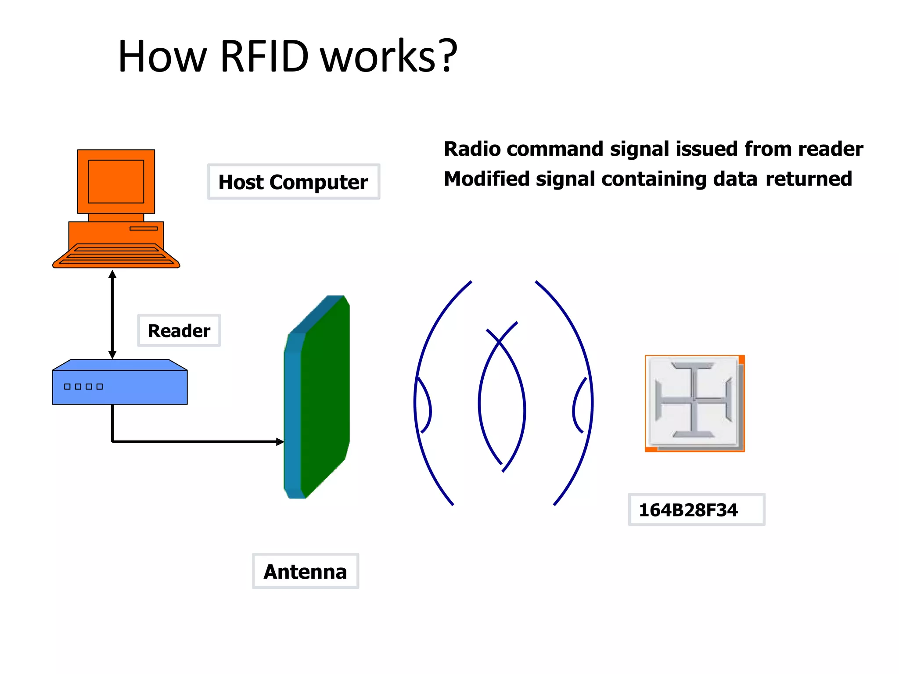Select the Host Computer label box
pos(293,182)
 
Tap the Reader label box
pos(179,330)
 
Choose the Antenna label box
pos(305,571)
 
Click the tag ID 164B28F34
pos(688,510)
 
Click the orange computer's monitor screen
pos(116,181)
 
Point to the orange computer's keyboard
pos(116,256)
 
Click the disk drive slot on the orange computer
pos(144,228)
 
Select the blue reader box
pos(119,387)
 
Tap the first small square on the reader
pos(67,387)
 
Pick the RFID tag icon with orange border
pos(694,403)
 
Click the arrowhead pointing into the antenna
pos(280,441)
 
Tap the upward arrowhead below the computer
pos(112,274)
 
